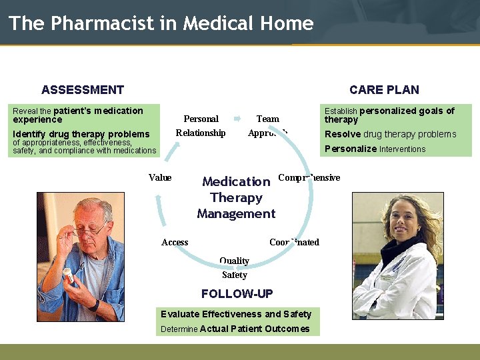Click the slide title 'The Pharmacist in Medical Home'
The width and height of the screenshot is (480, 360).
pyautogui.click(x=161, y=23)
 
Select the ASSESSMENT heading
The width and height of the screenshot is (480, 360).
pyautogui.click(x=83, y=90)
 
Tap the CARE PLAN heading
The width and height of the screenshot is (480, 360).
pyautogui.click(x=384, y=90)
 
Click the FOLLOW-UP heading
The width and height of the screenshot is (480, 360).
pyautogui.click(x=237, y=294)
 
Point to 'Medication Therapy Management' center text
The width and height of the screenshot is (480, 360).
pyautogui.click(x=236, y=197)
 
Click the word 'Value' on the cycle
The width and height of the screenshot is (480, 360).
pyautogui.click(x=160, y=177)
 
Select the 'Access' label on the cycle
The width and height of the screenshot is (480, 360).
pyautogui.click(x=175, y=242)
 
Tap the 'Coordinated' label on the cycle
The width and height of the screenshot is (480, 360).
pyautogui.click(x=294, y=242)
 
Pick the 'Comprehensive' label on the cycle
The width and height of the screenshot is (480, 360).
pyautogui.click(x=309, y=177)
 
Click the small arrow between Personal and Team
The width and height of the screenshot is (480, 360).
pyautogui.click(x=237, y=119)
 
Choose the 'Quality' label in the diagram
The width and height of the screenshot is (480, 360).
pyautogui.click(x=234, y=261)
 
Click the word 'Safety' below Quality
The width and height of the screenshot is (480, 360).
pyautogui.click(x=234, y=275)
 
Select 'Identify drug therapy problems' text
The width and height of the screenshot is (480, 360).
pyautogui.click(x=81, y=134)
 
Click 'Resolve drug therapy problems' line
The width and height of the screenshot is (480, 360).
pyautogui.click(x=390, y=134)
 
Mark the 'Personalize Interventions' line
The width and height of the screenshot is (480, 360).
pyautogui.click(x=375, y=149)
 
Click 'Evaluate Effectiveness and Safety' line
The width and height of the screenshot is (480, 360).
pyautogui.click(x=236, y=314)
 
